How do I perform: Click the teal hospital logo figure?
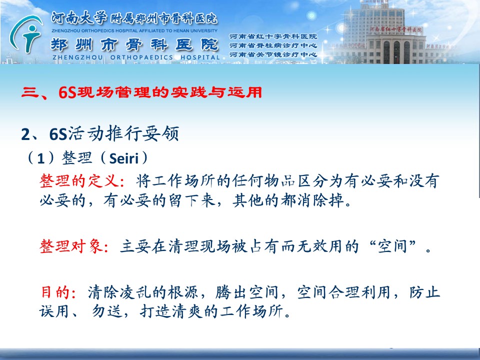tap(26, 33)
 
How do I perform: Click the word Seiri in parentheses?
tap(124, 158)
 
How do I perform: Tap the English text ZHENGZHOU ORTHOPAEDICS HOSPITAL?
tap(136, 57)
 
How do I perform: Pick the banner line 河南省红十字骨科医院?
tap(273, 36)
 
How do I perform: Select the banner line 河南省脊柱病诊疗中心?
tap(273, 45)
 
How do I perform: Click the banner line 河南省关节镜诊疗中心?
tap(273, 55)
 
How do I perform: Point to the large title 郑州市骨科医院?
tap(134, 44)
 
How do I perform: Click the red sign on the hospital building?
tap(395, 29)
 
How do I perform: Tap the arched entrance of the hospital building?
tap(396, 52)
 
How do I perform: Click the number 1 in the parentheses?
tap(41, 158)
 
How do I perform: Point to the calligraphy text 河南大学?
tap(78, 18)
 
